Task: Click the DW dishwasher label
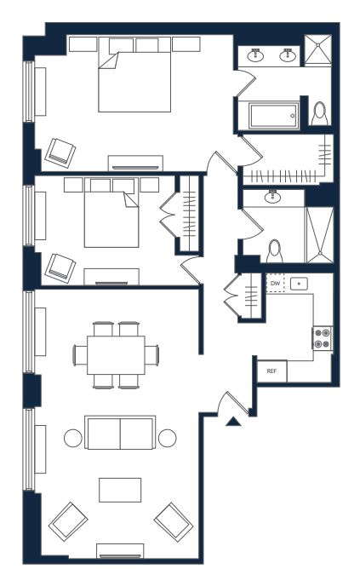[275, 284]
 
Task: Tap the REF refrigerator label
[271, 371]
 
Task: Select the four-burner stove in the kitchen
[323, 338]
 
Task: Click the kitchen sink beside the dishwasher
[299, 284]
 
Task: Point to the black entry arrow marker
[233, 421]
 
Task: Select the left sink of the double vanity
[255, 55]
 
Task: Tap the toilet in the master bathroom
[319, 113]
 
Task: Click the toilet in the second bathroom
[274, 250]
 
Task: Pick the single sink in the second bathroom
[272, 196]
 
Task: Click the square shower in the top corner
[317, 50]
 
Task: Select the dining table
[116, 355]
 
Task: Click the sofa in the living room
[120, 432]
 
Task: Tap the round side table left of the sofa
[73, 438]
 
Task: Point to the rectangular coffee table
[120, 490]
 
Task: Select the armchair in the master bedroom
[60, 152]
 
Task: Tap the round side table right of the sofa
[167, 438]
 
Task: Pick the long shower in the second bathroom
[319, 235]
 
